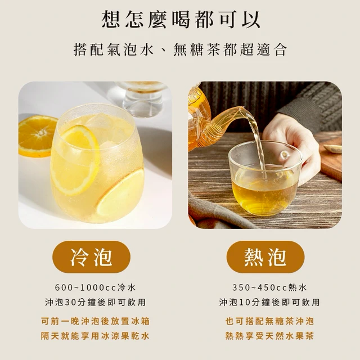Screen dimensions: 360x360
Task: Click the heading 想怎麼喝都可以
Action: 181,20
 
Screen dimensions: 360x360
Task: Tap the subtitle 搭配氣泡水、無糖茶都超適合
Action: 180,49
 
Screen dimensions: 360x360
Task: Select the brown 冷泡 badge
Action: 91,256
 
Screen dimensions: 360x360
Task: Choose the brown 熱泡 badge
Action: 265,256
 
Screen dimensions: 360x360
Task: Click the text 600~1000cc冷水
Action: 96,287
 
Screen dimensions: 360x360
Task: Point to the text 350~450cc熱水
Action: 269,287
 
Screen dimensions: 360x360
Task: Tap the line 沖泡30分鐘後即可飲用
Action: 96,302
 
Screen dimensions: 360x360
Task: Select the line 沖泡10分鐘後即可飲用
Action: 269,302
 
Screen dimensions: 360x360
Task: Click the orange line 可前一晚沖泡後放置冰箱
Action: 95,321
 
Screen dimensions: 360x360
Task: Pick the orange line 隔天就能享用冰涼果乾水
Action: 95,336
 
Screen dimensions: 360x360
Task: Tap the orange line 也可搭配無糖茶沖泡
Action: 269,321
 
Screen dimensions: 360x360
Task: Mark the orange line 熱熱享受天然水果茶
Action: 269,336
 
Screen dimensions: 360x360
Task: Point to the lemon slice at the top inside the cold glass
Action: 76,159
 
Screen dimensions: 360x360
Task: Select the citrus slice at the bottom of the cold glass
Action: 120,193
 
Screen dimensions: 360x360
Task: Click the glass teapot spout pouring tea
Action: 226,119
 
